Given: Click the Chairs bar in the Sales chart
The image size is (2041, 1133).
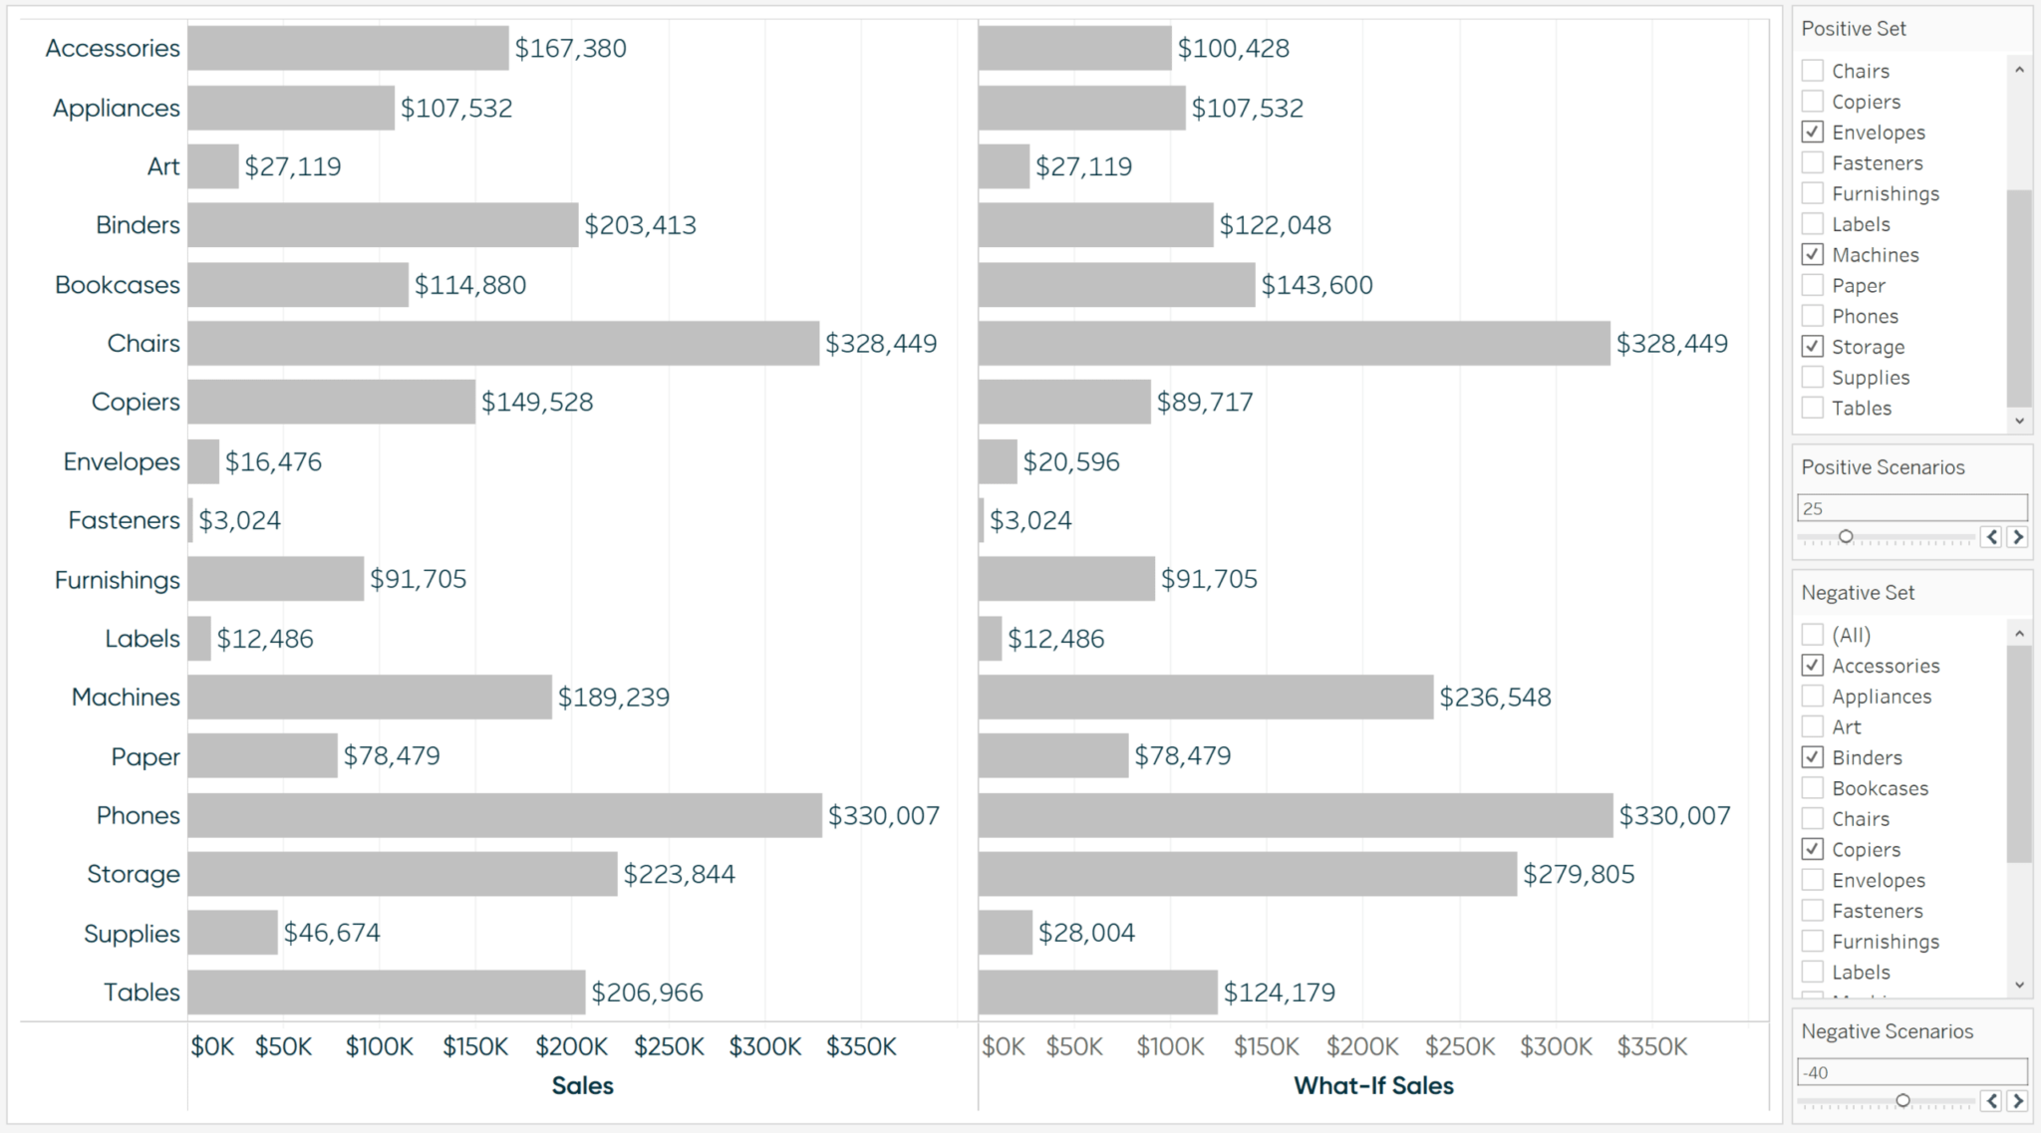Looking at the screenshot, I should pyautogui.click(x=503, y=343).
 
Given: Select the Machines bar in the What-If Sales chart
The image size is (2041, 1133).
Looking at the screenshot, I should pyautogui.click(x=1206, y=697).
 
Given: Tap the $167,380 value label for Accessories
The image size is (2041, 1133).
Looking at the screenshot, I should pyautogui.click(x=570, y=48).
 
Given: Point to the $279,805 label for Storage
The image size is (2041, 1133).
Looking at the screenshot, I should pyautogui.click(x=1579, y=874).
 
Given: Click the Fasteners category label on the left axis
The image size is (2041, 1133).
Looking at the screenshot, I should pyautogui.click(x=124, y=520).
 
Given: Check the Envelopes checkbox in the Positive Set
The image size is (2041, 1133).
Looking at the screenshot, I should pyautogui.click(x=1813, y=132).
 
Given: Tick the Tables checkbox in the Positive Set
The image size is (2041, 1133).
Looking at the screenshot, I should pyautogui.click(x=1813, y=408).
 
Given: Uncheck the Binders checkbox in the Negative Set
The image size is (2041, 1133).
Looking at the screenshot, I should pyautogui.click(x=1813, y=757).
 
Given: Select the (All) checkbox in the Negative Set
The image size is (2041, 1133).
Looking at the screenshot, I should pyautogui.click(x=1813, y=635).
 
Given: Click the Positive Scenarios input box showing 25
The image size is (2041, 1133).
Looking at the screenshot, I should pyautogui.click(x=1911, y=508).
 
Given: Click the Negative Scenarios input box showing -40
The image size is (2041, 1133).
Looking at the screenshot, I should pyautogui.click(x=1911, y=1072).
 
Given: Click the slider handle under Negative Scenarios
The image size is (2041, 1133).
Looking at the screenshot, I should pyautogui.click(x=1902, y=1100).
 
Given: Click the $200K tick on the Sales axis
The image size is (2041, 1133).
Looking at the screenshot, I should pyautogui.click(x=571, y=1046).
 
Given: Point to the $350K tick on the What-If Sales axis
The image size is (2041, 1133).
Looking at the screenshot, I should pyautogui.click(x=1651, y=1046).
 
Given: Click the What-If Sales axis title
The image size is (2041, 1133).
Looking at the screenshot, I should pyautogui.click(x=1373, y=1085).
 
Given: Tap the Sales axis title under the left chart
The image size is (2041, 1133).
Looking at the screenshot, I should pyautogui.click(x=582, y=1085).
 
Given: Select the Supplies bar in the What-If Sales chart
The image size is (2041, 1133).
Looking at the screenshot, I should pyautogui.click(x=1005, y=933).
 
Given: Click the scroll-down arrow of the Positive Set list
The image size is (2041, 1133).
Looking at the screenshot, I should pyautogui.click(x=2019, y=421).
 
